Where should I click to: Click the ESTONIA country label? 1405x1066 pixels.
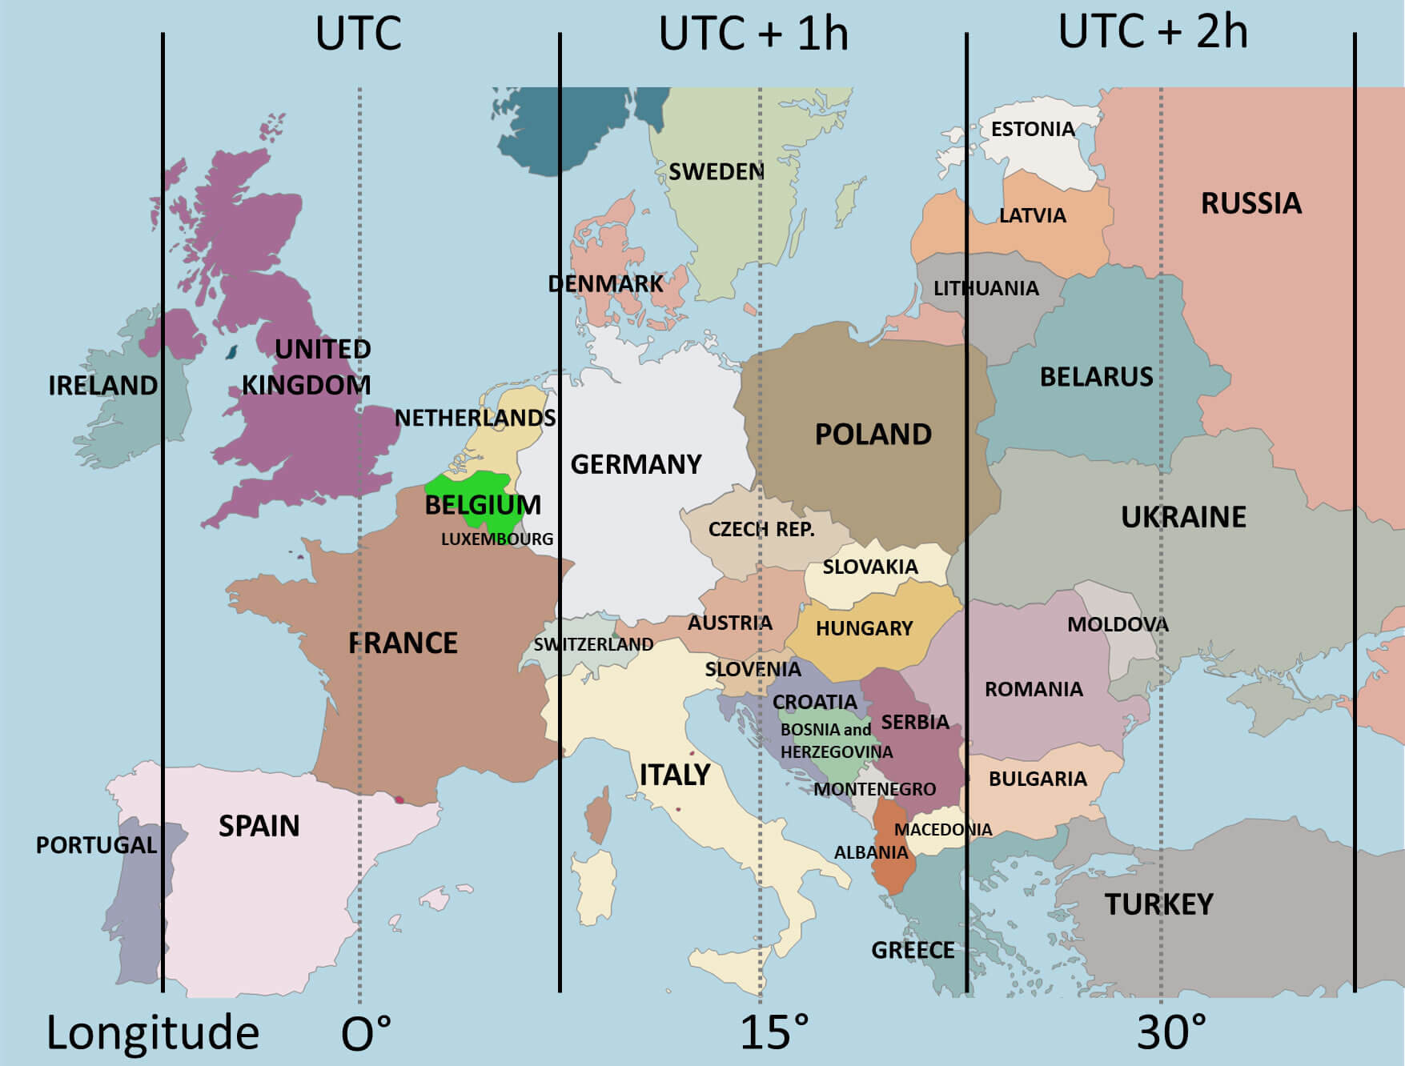[1032, 129]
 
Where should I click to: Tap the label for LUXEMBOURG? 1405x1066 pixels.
[496, 539]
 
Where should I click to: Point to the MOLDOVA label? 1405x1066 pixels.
[1117, 624]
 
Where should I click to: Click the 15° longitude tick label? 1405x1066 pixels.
[773, 1032]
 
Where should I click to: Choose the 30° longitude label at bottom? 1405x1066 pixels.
[1171, 1032]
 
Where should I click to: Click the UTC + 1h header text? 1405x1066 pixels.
[753, 34]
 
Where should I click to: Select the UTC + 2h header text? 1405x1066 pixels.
[1153, 32]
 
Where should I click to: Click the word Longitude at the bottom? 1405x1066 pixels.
[152, 1032]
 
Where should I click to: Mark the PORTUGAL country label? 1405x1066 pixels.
[96, 845]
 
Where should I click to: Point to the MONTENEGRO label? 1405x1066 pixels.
[874, 790]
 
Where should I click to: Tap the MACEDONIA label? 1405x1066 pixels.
[942, 830]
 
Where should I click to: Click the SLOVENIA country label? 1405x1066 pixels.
[753, 669]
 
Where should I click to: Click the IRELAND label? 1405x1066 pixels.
[102, 386]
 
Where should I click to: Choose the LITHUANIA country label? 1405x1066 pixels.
[986, 288]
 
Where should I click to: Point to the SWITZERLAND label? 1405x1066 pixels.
[593, 644]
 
